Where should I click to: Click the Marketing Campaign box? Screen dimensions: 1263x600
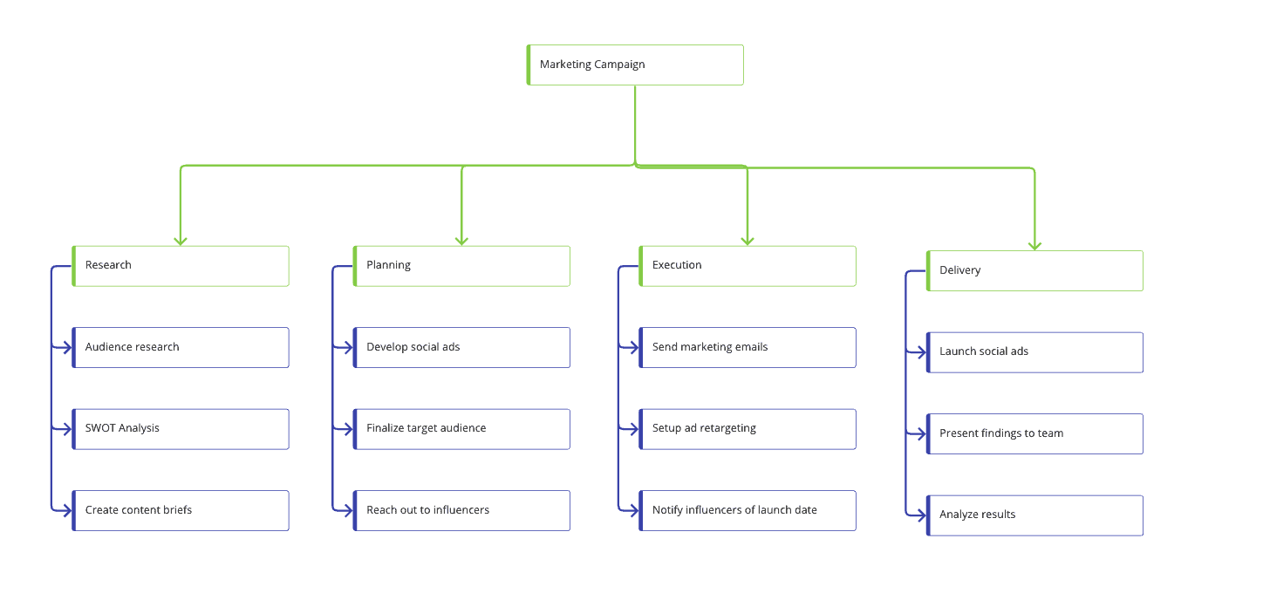click(x=635, y=65)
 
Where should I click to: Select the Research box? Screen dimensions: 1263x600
click(x=181, y=266)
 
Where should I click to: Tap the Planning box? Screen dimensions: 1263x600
click(x=461, y=266)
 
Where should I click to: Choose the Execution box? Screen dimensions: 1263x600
click(x=748, y=266)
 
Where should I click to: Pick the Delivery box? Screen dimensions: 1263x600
click(x=1034, y=270)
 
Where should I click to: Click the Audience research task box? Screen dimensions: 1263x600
click(x=181, y=347)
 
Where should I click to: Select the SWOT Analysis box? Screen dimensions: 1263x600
click(x=181, y=429)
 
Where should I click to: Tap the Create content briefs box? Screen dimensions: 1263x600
click(x=181, y=510)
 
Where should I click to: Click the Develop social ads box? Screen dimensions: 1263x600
click(x=461, y=347)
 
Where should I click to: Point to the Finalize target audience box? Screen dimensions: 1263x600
click(x=461, y=429)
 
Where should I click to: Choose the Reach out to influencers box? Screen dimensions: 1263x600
click(x=461, y=510)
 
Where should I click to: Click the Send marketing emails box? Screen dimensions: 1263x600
click(x=748, y=347)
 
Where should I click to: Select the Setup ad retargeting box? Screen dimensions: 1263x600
click(x=748, y=429)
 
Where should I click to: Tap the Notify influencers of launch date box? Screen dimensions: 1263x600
click(x=748, y=510)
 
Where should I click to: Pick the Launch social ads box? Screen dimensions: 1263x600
click(x=1034, y=352)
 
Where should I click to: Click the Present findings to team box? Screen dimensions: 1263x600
click(x=1034, y=433)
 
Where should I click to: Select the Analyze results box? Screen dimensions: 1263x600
click(x=1034, y=515)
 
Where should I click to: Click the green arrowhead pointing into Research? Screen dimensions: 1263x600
click(x=181, y=242)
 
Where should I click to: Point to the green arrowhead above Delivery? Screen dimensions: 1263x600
click(x=1034, y=246)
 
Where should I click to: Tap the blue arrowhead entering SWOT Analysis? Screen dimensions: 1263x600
click(x=67, y=429)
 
